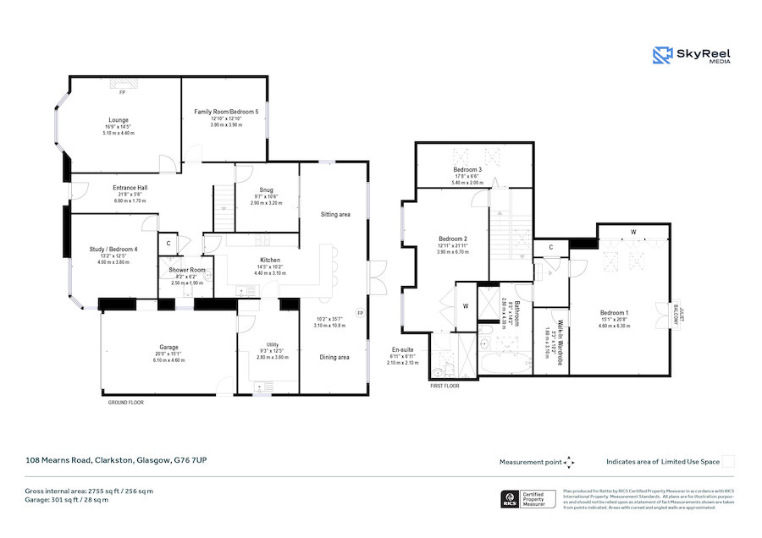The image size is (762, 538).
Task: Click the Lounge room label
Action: (x=118, y=120)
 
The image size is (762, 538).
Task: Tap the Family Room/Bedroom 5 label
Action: (x=226, y=112)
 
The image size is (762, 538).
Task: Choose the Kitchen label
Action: (x=270, y=261)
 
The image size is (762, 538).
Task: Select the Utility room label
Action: (x=272, y=345)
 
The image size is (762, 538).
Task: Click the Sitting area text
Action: (x=335, y=215)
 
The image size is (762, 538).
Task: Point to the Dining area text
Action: (x=334, y=357)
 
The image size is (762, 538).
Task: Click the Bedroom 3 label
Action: (x=467, y=170)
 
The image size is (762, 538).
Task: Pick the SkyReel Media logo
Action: (x=691, y=56)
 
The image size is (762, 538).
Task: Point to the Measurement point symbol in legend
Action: (x=569, y=462)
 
